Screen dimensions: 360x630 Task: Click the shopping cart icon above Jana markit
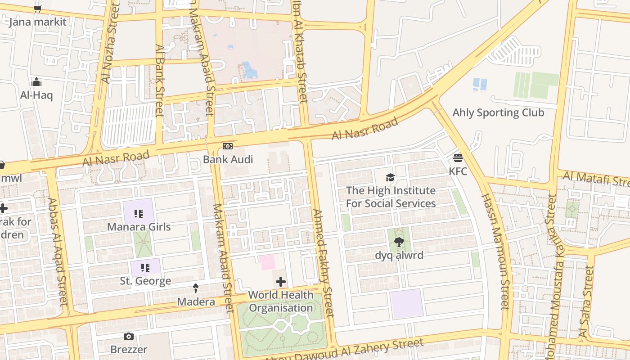coord(38,9)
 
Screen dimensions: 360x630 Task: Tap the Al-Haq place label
coord(36,95)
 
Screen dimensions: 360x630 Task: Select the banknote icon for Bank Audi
coord(228,146)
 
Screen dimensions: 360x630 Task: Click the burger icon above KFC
coord(458,158)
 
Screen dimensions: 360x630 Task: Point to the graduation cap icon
coord(391,177)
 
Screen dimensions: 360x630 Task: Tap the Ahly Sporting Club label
coord(498,112)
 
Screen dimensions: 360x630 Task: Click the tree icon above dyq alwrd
coord(399,243)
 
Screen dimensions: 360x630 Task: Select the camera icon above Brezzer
coord(129,337)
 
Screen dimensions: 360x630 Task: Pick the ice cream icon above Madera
coord(196,288)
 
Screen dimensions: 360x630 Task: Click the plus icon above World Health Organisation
coord(281,282)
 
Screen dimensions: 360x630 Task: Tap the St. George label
coord(145,281)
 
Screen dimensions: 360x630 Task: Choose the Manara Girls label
coord(139,226)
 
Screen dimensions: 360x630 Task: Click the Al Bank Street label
coord(159,80)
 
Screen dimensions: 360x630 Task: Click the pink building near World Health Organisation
coord(266,262)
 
